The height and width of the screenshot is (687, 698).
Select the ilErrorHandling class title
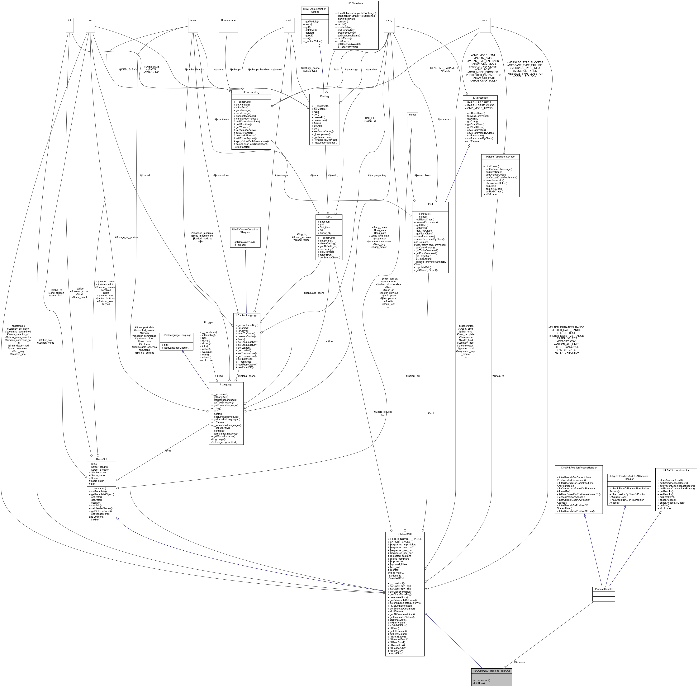click(251, 92)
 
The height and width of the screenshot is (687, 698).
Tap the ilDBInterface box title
click(355, 3)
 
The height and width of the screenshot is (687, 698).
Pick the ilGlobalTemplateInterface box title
click(500, 157)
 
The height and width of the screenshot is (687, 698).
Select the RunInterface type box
click(228, 20)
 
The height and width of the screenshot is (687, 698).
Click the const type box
click(485, 20)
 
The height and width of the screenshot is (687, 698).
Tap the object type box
click(412, 115)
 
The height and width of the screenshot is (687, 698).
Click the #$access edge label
click(519, 662)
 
